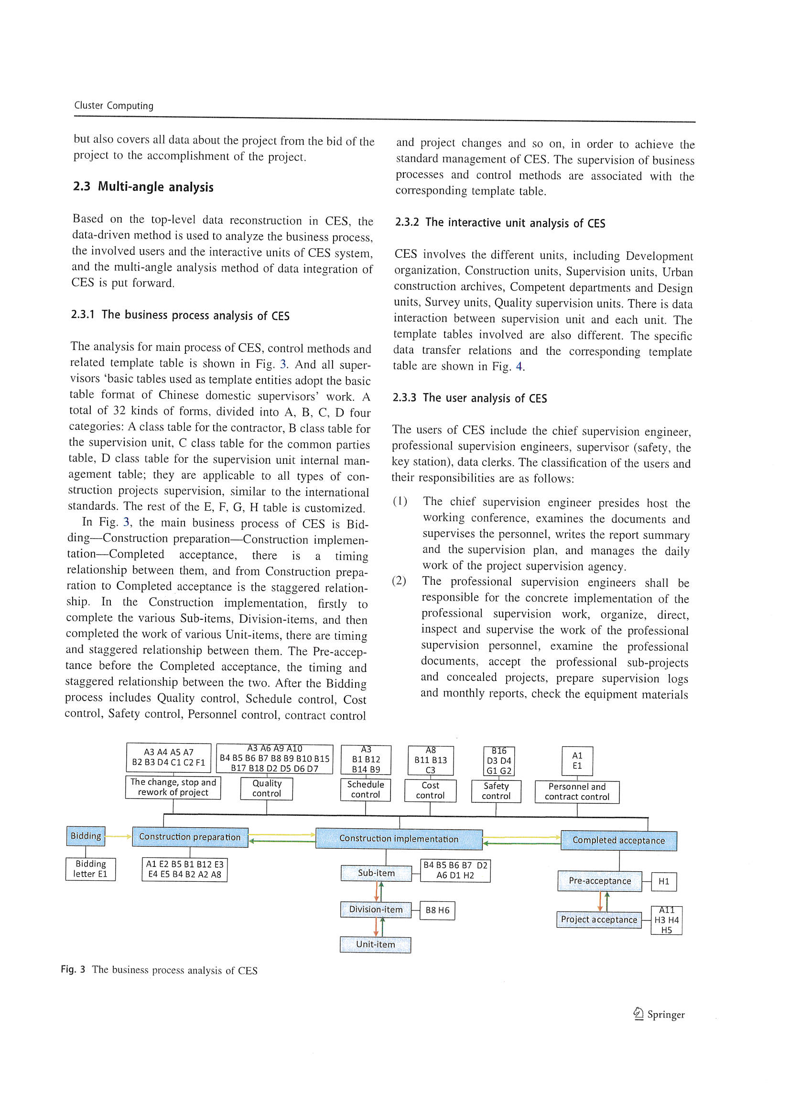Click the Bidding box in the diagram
[86, 836]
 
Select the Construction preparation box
[190, 837]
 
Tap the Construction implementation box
[399, 839]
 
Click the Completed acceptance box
[618, 841]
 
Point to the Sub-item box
[376, 873]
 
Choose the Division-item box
[375, 909]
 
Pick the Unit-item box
[375, 944]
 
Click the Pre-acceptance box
[599, 881]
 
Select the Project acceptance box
[599, 920]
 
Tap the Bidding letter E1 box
[90, 869]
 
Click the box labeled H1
[663, 881]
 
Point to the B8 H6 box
[437, 910]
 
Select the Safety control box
[496, 791]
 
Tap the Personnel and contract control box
[577, 792]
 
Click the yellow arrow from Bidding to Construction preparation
[118, 836]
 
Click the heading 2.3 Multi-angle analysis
[143, 187]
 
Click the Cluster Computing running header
[113, 106]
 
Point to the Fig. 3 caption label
[73, 969]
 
